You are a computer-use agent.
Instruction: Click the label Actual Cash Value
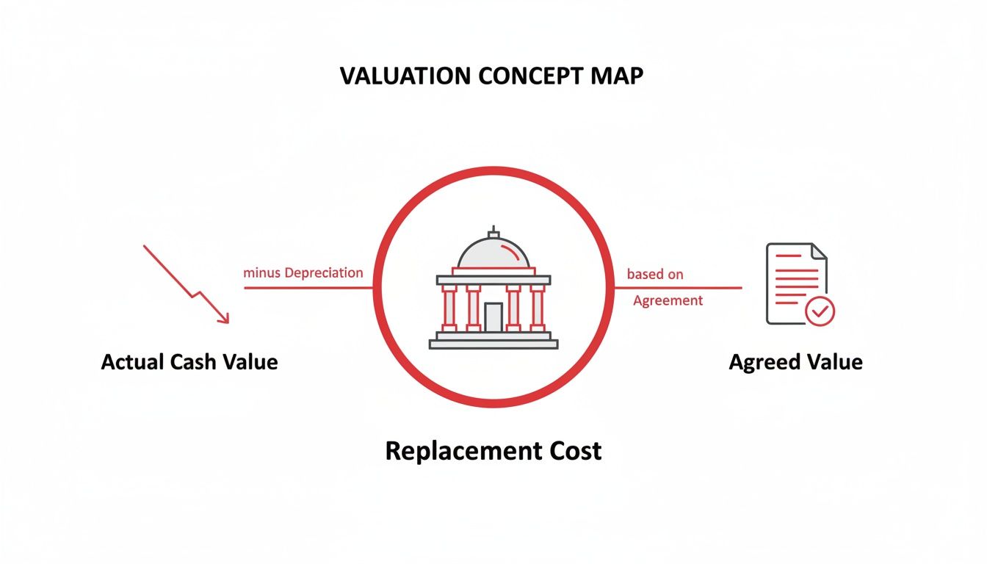[189, 361]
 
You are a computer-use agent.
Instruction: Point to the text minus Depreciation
[303, 273]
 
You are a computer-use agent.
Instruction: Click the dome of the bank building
[493, 254]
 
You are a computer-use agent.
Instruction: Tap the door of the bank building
[493, 317]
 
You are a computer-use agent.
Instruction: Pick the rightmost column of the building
[538, 308]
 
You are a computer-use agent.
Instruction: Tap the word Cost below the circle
[572, 451]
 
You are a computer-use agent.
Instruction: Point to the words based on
[655, 275]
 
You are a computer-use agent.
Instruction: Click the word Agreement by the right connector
[668, 300]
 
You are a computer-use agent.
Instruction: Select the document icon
[795, 282]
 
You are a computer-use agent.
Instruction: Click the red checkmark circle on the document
[820, 311]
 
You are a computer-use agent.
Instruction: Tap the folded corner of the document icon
[818, 251]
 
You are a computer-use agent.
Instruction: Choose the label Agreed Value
[795, 362]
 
